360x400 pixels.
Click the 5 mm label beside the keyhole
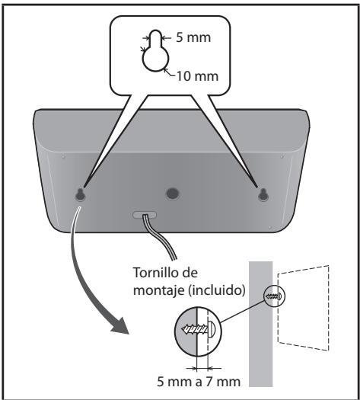coord(193,38)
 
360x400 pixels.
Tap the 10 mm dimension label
coord(197,76)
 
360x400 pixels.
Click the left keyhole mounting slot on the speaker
coord(80,195)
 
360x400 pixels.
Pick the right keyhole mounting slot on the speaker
coord(263,195)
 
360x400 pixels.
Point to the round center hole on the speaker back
coord(173,194)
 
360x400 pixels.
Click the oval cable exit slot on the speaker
coord(145,215)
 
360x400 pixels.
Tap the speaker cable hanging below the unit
coord(161,237)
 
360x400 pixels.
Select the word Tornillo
coord(155,273)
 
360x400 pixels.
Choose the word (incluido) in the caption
coord(217,290)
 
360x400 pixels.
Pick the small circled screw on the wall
coord(274,296)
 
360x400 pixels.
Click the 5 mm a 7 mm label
coord(199,382)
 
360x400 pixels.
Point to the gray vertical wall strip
coord(260,324)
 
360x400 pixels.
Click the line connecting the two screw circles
coord(243,311)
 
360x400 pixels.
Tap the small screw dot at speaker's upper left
coord(63,156)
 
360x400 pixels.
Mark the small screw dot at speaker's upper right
coord(282,156)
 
